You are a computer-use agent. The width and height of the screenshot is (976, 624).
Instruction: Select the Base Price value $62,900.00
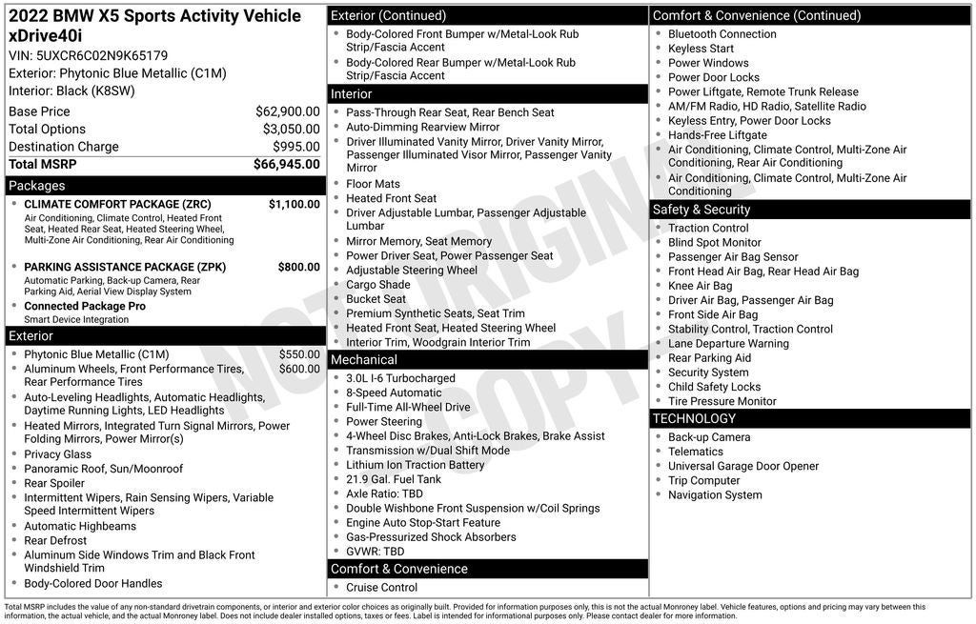pos(287,111)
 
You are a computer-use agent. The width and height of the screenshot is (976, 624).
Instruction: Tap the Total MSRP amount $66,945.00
pos(286,164)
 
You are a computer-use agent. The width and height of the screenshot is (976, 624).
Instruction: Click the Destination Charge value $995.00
pos(296,147)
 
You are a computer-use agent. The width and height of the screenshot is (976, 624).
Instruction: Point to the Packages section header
pos(37,186)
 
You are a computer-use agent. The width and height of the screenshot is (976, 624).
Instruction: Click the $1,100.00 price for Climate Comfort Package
pos(294,204)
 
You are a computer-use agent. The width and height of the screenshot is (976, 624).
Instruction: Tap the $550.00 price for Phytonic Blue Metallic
pos(299,353)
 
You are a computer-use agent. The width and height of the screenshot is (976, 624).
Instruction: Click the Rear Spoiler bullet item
pos(54,483)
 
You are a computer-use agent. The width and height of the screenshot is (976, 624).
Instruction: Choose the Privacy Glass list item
pos(57,454)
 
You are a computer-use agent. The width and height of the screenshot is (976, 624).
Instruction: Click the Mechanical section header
pos(363,360)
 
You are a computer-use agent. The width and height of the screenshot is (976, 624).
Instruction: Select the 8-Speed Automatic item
pos(394,393)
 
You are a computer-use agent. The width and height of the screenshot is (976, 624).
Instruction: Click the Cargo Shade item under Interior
pos(377,285)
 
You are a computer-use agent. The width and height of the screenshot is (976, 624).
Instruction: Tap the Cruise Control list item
pos(381,587)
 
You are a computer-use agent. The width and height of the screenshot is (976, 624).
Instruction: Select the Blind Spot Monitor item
pos(714,242)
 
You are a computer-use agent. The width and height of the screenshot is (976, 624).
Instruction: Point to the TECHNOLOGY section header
pos(694,418)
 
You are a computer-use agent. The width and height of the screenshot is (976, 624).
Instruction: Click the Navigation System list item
pos(715,494)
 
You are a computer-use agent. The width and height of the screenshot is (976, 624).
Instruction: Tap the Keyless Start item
pos(701,49)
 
